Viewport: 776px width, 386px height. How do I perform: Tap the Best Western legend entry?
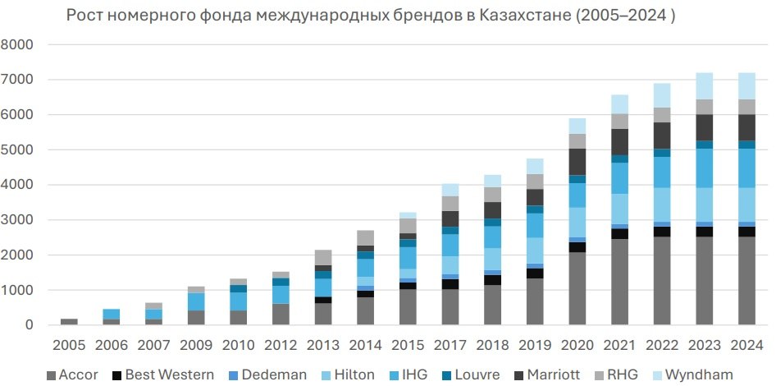pyautogui.click(x=165, y=375)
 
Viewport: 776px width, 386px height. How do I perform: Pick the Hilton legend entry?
pyautogui.click(x=344, y=375)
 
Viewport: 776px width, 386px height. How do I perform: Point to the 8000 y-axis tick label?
pyautogui.click(x=17, y=45)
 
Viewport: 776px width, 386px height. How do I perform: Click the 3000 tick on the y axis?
pyautogui.click(x=17, y=220)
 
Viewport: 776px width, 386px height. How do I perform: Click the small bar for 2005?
pyautogui.click(x=69, y=322)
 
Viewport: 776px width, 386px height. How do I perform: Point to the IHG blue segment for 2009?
pyautogui.click(x=195, y=301)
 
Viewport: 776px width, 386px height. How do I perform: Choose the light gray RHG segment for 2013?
pyautogui.click(x=322, y=257)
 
